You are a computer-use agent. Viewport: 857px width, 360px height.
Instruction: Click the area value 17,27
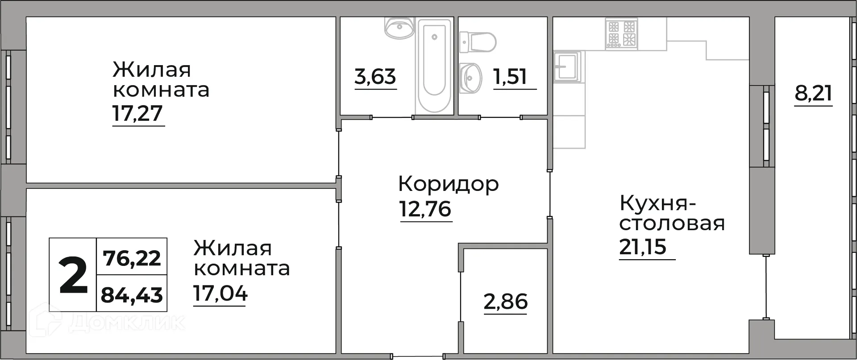point(137,114)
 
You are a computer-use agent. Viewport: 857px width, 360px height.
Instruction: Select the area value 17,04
point(220,294)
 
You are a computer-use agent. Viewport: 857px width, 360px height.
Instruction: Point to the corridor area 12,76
point(426,209)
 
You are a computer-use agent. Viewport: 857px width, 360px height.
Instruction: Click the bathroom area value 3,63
point(375,77)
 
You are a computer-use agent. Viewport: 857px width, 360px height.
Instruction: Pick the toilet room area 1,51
point(510,77)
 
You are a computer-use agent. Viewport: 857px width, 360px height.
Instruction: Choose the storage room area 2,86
point(506,302)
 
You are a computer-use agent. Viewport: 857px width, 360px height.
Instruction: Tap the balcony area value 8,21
point(813,94)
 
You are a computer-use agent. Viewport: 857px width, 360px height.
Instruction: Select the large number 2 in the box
point(73,276)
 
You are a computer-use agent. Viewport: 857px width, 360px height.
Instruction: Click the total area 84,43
point(132,295)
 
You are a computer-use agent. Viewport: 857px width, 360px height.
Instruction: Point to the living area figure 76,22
point(132,258)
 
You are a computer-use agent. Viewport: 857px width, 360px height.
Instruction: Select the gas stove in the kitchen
point(621,33)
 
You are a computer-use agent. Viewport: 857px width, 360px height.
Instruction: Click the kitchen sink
point(567,67)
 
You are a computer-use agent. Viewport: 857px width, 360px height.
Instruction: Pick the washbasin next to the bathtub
point(400,28)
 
